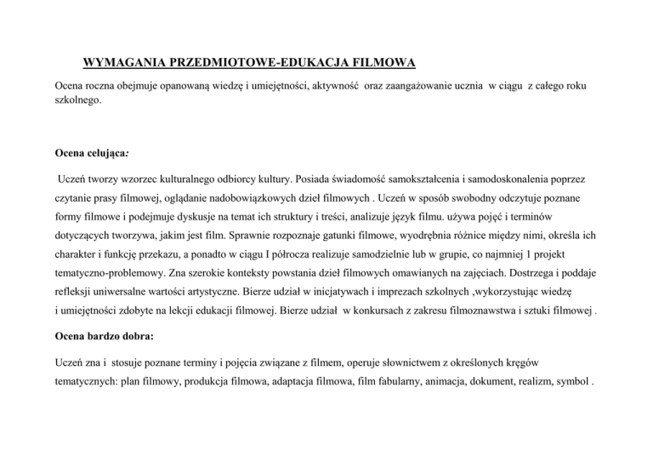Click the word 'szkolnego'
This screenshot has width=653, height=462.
point(77,100)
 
